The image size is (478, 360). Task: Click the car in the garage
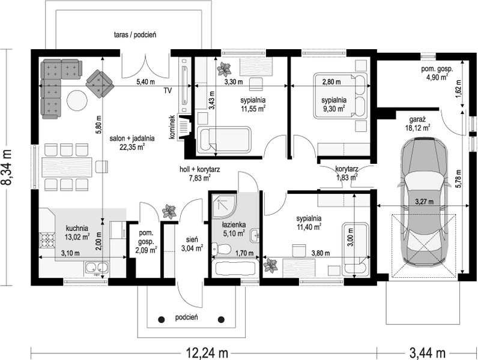click(x=425, y=202)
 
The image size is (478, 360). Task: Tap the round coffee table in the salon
click(x=77, y=101)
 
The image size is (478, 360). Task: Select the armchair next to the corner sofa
click(x=100, y=84)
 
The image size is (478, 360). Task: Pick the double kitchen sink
click(x=97, y=268)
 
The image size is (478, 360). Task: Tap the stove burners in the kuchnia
click(x=47, y=239)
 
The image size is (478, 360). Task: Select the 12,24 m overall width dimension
click(x=207, y=353)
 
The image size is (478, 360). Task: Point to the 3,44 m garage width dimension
click(x=428, y=353)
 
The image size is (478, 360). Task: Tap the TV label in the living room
click(x=168, y=91)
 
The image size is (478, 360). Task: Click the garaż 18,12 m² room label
click(x=417, y=124)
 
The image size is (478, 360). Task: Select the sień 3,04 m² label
click(x=192, y=244)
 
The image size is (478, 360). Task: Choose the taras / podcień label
click(x=135, y=35)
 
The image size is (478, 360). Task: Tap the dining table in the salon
click(x=67, y=167)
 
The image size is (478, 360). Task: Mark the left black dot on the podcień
click(x=162, y=319)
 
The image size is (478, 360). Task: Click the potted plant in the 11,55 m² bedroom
click(x=224, y=69)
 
